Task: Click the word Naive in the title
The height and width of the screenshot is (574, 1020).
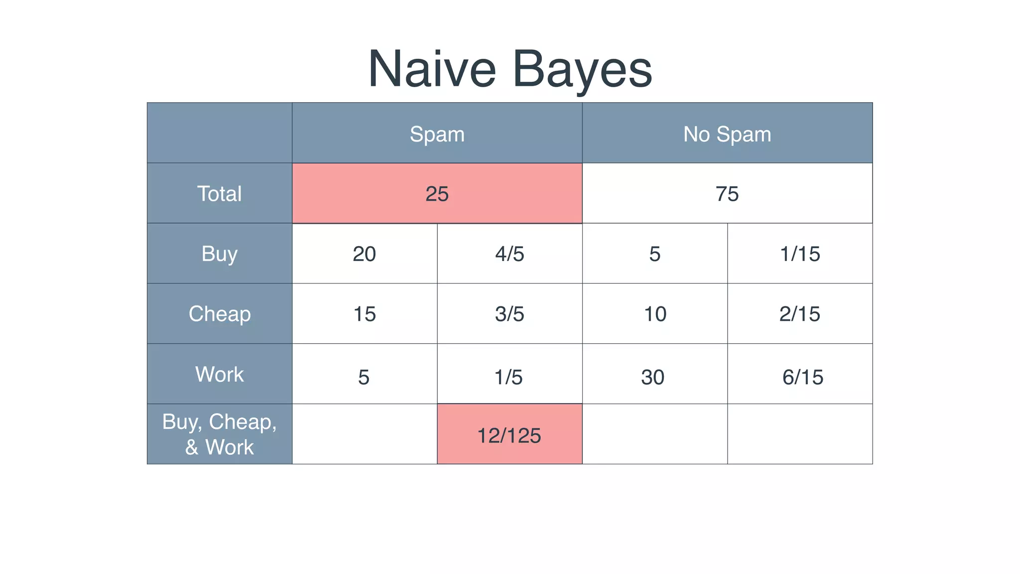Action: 432,69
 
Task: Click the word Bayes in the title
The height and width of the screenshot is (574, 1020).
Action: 582,69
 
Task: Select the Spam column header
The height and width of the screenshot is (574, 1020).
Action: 437,134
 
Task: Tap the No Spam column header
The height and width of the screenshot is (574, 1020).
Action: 727,134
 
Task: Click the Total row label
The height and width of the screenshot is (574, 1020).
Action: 219,193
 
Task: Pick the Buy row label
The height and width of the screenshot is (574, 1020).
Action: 219,254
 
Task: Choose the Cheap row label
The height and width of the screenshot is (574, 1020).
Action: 219,314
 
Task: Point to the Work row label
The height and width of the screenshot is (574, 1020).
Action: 219,374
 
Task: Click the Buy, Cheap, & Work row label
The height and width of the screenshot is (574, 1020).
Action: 219,434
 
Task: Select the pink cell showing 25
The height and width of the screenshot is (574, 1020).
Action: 437,193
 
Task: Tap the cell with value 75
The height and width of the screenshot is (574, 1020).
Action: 727,193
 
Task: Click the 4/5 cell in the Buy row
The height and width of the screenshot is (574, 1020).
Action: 510,254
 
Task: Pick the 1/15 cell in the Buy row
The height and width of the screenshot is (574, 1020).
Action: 799,254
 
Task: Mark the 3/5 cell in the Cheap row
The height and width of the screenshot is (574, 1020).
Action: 510,314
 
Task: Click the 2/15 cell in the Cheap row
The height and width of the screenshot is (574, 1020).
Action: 799,314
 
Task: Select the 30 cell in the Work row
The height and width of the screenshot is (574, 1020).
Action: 653,377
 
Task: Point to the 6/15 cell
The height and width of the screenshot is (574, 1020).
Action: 802,377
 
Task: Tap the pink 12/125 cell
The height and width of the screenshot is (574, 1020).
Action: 509,435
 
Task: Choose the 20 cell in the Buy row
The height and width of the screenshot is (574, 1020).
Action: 364,254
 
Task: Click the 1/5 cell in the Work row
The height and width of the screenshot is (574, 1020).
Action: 509,377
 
